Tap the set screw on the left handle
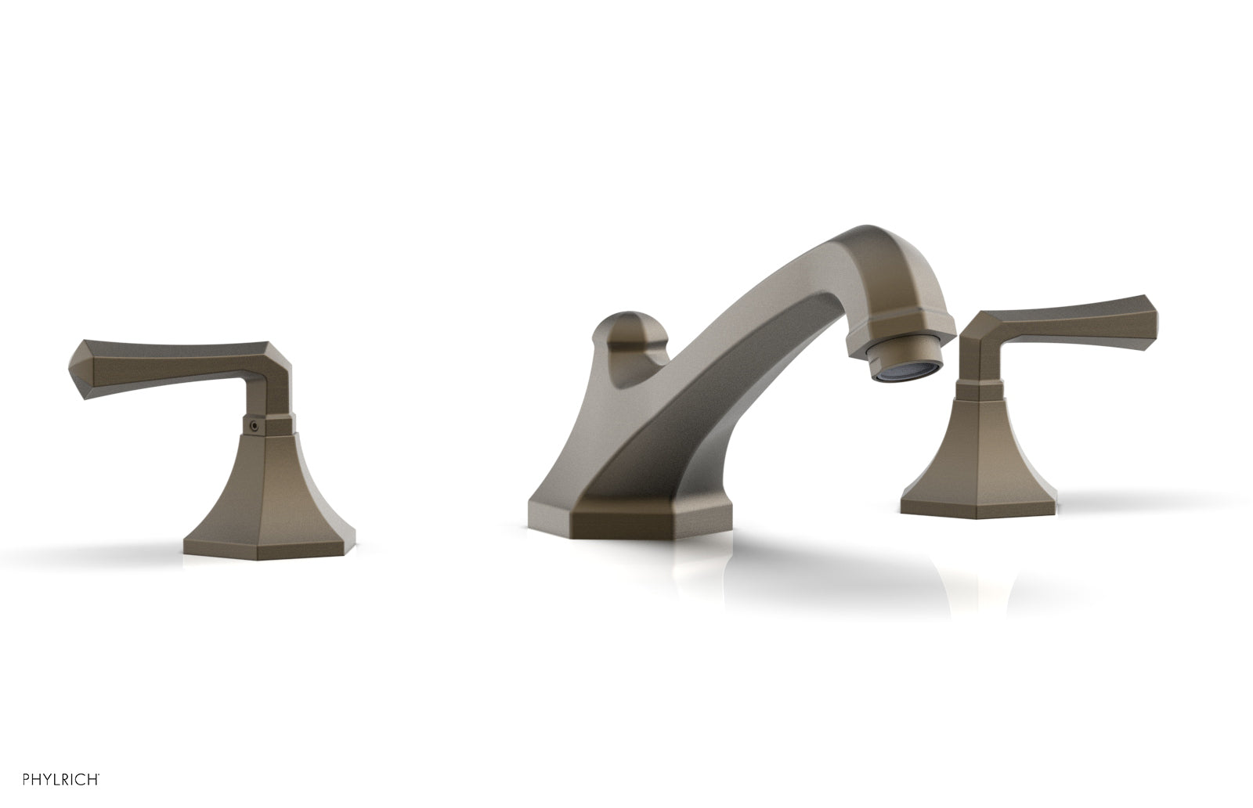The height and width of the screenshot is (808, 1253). click(x=252, y=426)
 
